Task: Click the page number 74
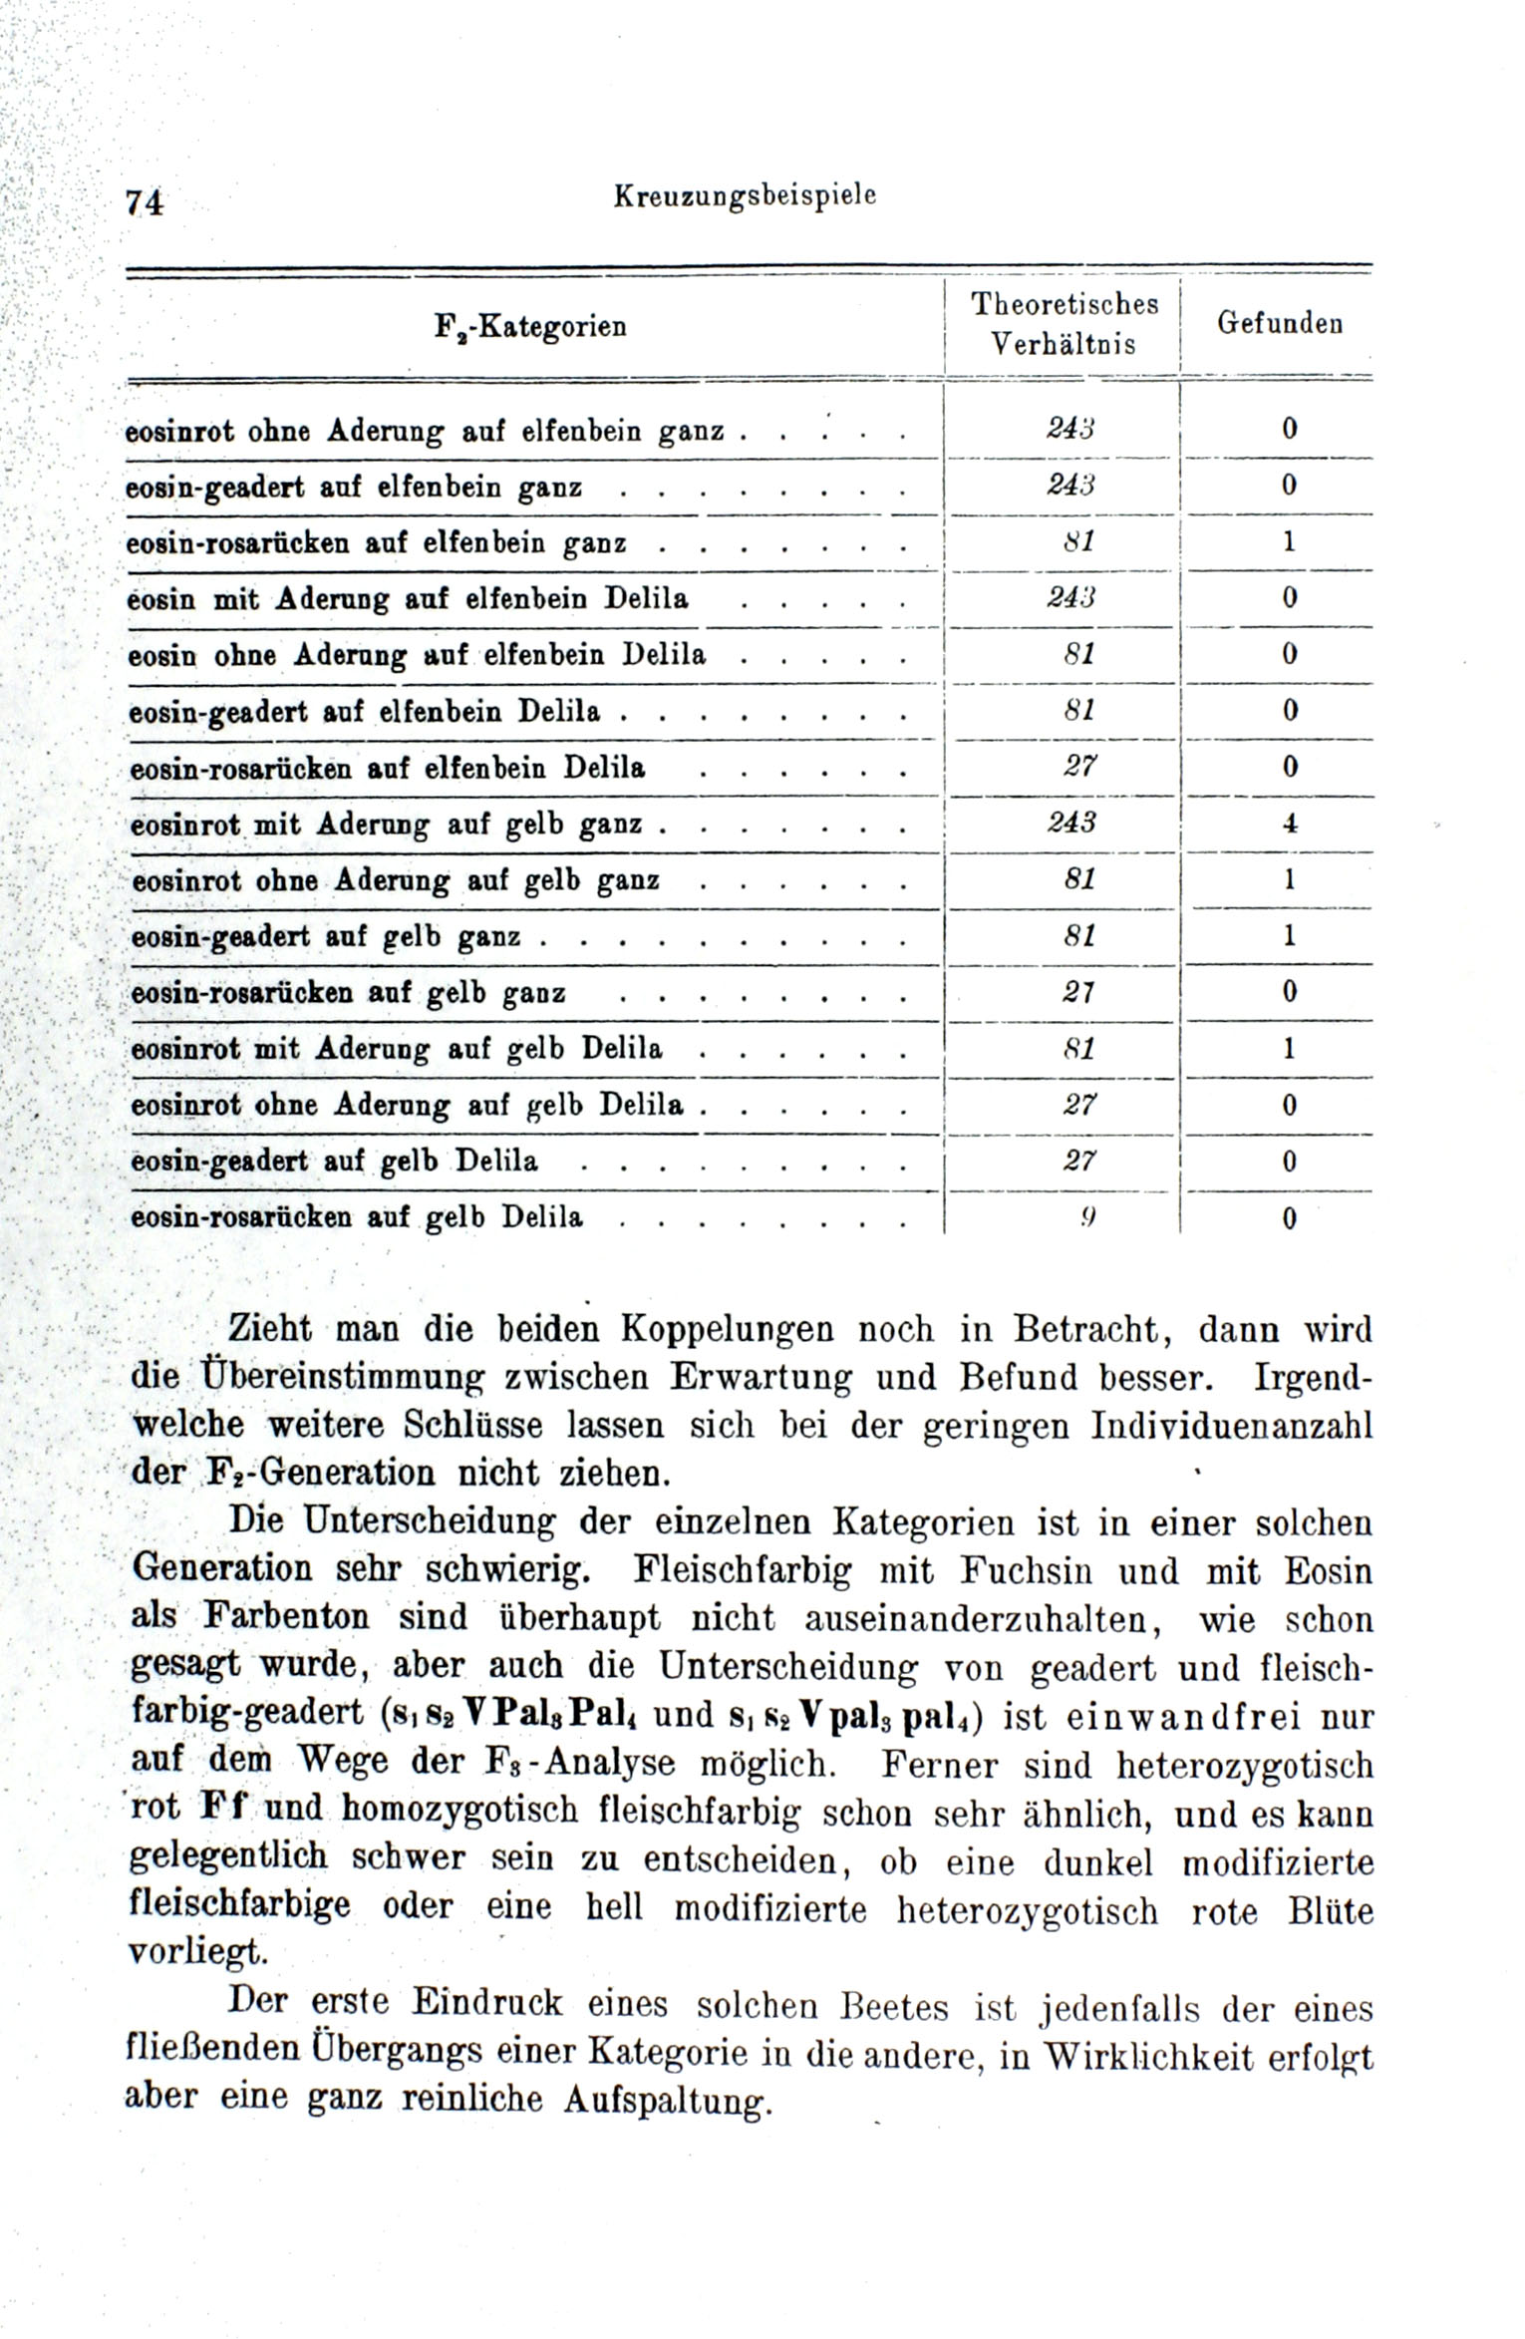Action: [144, 201]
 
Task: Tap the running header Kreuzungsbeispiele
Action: [745, 196]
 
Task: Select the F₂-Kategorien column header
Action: [531, 326]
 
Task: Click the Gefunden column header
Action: [1280, 323]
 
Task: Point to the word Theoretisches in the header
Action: [1065, 303]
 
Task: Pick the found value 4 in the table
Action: [1290, 824]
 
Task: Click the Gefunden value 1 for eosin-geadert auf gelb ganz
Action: [1290, 936]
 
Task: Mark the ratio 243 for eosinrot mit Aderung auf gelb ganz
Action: [1072, 823]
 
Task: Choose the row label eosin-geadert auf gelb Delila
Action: [335, 1162]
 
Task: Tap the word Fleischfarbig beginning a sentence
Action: [743, 1570]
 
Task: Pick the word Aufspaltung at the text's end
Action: [668, 2099]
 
